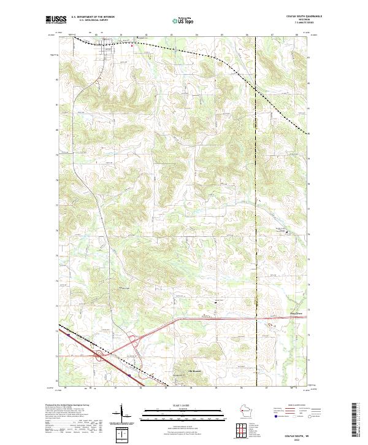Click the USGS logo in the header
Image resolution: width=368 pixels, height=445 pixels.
(56, 20)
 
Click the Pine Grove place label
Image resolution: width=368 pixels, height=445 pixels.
(296, 314)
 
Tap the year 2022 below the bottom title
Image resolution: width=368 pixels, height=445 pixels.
(300, 439)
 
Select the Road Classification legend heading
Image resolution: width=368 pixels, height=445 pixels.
(296, 406)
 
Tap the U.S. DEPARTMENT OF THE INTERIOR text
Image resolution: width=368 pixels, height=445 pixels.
(93, 17)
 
